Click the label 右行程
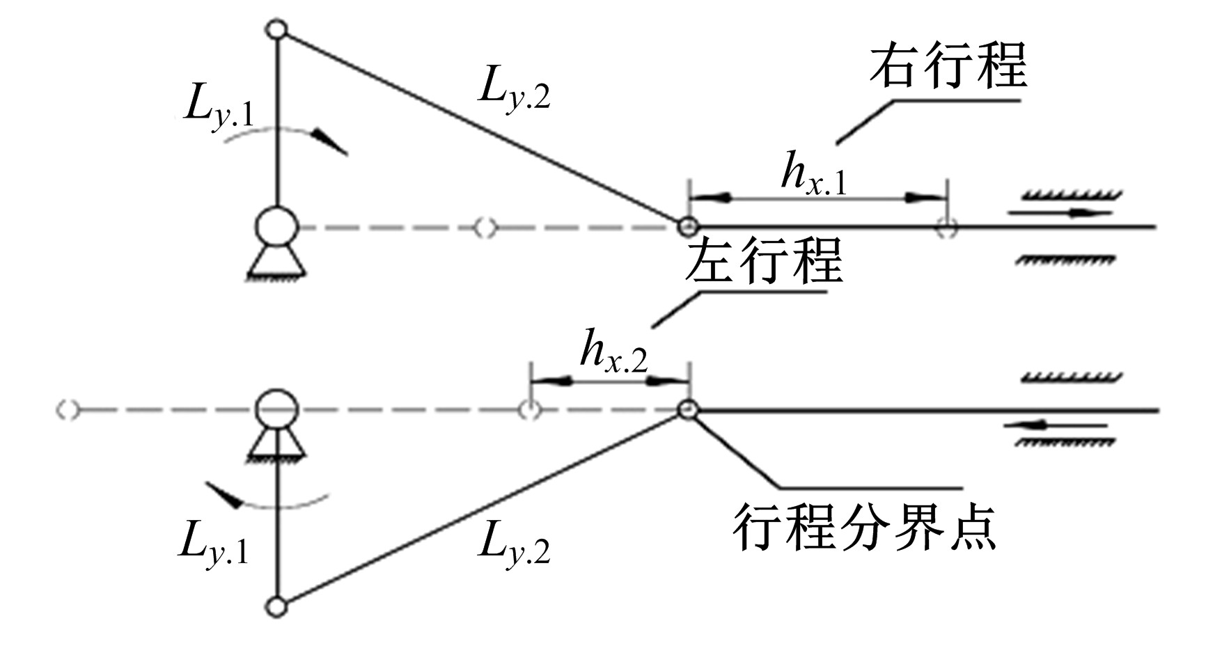[x=947, y=66]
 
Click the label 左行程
[x=764, y=261]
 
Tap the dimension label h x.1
[x=813, y=174]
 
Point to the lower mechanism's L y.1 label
[x=213, y=542]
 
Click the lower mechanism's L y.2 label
[x=514, y=542]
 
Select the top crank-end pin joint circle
[x=277, y=30]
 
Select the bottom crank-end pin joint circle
[x=277, y=607]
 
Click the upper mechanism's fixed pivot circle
[x=277, y=227]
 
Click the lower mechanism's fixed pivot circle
[x=277, y=411]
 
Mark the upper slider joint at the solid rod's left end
[x=688, y=226]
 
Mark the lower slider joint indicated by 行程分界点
[x=688, y=410]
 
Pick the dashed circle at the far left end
[x=67, y=411]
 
